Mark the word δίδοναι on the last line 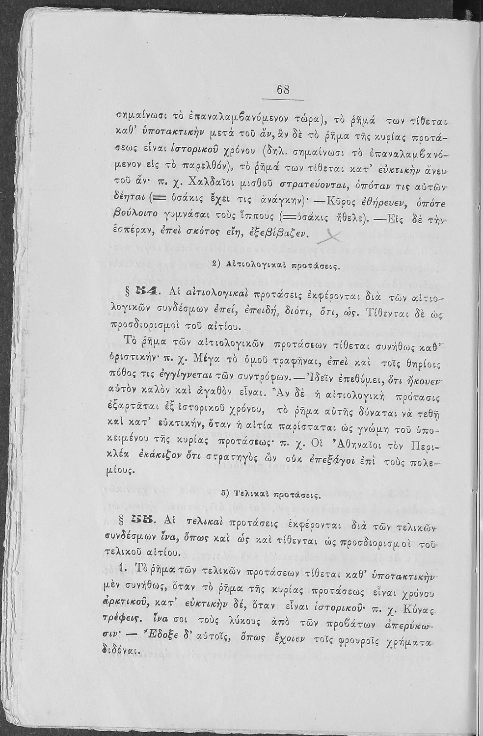[x=121, y=650]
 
